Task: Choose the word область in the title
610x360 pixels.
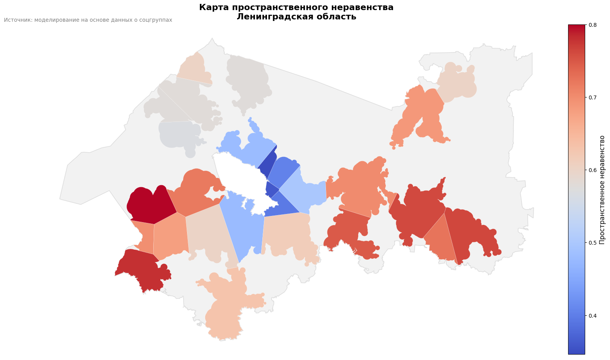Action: (336, 17)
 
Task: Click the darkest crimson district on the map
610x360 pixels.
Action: (149, 204)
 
